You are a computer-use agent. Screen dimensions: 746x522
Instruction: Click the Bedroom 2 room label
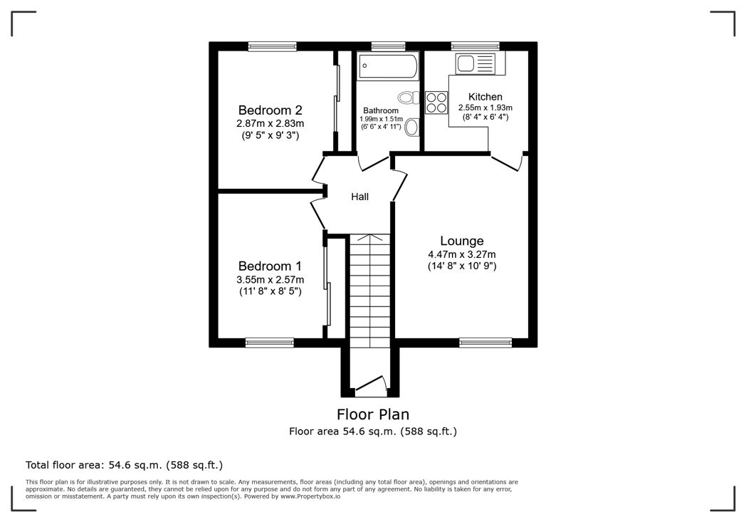click(x=270, y=110)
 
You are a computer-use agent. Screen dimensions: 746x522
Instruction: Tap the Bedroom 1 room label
click(x=270, y=266)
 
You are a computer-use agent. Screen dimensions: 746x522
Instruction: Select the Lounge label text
click(x=461, y=241)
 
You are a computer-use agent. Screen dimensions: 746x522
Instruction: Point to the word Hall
click(x=359, y=197)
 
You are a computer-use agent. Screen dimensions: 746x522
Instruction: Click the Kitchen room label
click(x=485, y=97)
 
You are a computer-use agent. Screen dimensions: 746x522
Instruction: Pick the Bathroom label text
click(x=381, y=111)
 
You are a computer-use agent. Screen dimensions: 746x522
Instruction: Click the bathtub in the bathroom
click(x=388, y=66)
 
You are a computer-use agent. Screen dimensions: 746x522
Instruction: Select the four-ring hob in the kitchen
click(x=436, y=103)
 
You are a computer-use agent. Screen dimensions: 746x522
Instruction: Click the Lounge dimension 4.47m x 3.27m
click(x=461, y=254)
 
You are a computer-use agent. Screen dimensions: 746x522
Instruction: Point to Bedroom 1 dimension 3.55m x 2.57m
click(x=270, y=280)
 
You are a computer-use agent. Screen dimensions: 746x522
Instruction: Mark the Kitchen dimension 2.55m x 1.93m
click(x=485, y=108)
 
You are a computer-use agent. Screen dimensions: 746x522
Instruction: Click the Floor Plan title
click(x=373, y=414)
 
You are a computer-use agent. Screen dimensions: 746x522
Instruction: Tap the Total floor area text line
click(x=124, y=465)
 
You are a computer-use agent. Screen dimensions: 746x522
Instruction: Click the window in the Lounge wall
click(x=485, y=343)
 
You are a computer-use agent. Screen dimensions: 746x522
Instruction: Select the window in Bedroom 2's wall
click(x=273, y=46)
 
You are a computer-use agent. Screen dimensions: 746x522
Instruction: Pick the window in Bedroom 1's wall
click(x=270, y=343)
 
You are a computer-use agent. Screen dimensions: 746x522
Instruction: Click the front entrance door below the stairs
click(x=370, y=387)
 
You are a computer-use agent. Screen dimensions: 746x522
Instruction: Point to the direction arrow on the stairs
click(x=370, y=237)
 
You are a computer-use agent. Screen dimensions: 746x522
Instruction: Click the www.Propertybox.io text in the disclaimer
click(x=310, y=496)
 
